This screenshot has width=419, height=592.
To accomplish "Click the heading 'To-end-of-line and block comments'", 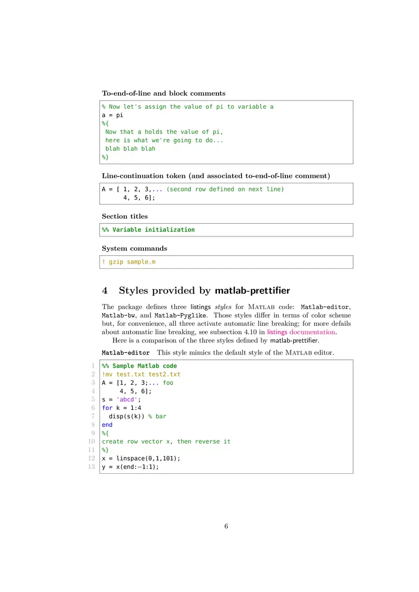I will coord(163,94).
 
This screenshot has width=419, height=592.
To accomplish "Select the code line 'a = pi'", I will coord(112,115).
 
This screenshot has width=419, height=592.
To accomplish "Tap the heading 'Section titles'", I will coord(125,217).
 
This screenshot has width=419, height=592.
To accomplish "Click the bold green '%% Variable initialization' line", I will coord(148,230).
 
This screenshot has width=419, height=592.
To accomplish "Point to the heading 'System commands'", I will coord(135,248).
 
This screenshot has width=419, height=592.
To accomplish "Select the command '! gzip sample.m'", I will coord(128,261).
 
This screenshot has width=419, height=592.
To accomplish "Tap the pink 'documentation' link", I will coord(312,332).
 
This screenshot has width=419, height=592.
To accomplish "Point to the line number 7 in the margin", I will coord(93,416).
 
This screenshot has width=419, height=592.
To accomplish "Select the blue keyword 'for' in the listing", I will coord(107,408).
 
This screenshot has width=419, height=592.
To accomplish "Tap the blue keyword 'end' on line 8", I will coord(107,425).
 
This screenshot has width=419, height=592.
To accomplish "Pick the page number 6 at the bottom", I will coord(226,527).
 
